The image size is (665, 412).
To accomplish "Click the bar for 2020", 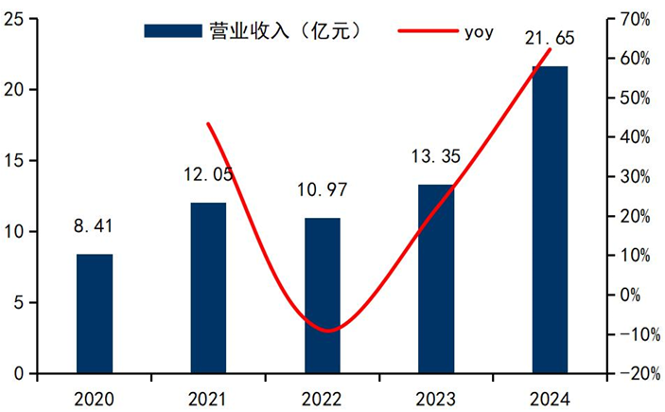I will point(95,313).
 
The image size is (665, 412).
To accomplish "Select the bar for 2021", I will point(208,288).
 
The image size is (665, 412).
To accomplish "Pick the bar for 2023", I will point(436,278).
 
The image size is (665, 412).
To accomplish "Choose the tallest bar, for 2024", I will point(550,220).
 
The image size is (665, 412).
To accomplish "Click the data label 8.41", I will point(95,226).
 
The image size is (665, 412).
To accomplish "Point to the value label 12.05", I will point(208,174).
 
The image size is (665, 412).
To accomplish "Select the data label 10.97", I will point(322,190).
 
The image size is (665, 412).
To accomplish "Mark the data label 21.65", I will point(550,39).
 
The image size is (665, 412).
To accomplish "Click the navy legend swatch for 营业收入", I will point(172,30).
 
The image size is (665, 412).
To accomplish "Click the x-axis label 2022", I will point(322,397).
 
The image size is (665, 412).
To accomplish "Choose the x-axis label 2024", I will point(550,397).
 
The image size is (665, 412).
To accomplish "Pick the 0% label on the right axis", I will point(632,295).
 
